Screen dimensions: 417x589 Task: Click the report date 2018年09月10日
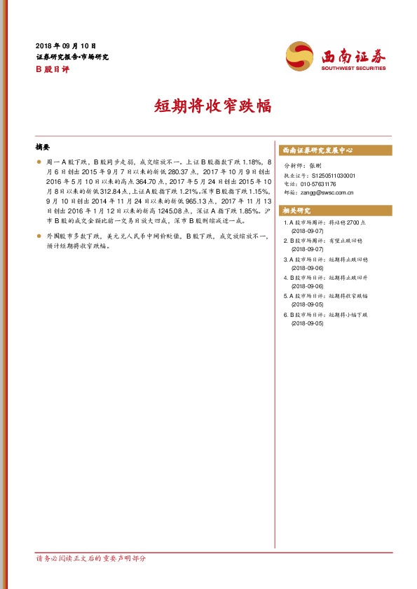point(65,45)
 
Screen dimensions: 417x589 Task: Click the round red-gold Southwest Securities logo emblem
point(300,56)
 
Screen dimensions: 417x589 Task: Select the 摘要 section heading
point(43,148)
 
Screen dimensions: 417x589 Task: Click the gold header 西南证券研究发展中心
point(317,150)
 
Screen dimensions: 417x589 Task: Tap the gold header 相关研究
point(296,211)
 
